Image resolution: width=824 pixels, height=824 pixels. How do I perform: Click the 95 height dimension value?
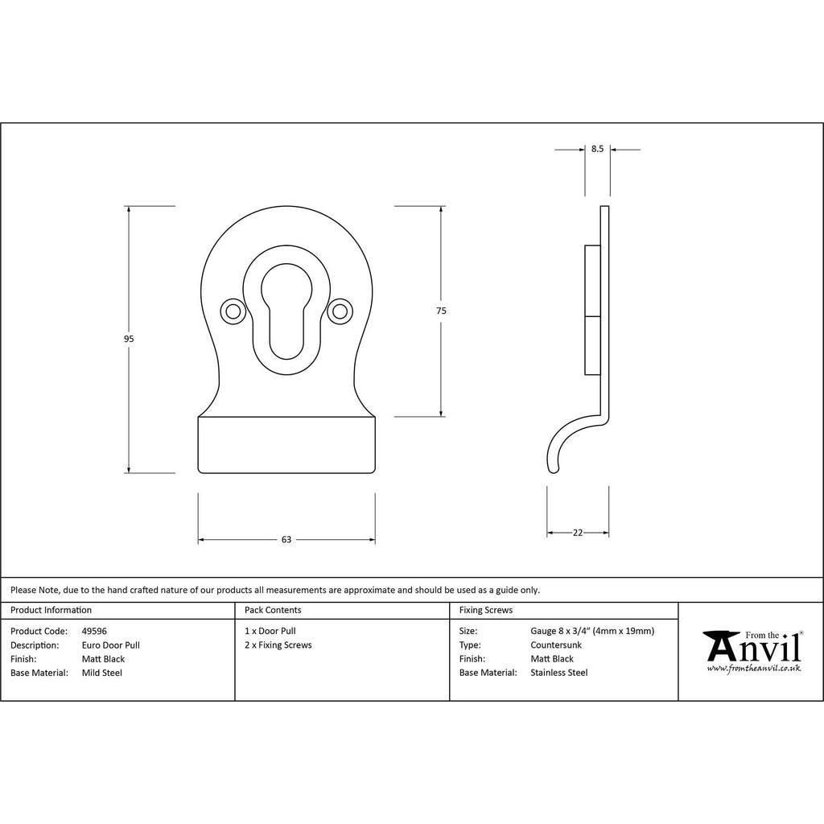point(129,339)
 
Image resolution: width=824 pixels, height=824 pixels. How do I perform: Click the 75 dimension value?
point(441,311)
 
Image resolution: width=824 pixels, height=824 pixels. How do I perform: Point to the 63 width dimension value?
point(286,539)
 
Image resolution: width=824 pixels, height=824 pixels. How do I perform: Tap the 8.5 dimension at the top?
point(598,149)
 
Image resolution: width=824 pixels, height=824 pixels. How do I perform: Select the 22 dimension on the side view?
point(578,533)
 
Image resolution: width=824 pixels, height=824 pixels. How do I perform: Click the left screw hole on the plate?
point(233,311)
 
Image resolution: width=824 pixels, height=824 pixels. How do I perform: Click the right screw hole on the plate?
point(340,311)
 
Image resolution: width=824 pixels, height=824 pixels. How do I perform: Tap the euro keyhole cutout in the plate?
point(286,311)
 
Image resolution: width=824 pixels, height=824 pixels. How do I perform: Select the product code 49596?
point(94,631)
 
